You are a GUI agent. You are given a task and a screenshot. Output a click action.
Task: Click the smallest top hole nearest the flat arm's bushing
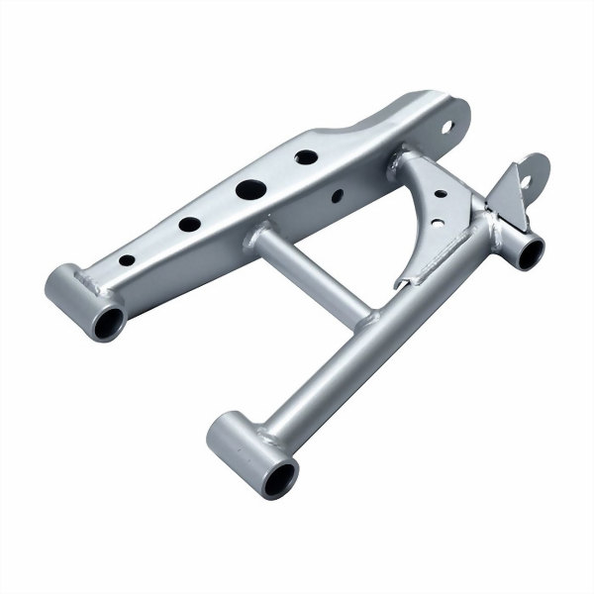(127, 260)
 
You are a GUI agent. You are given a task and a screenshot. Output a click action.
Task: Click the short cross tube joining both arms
(311, 274)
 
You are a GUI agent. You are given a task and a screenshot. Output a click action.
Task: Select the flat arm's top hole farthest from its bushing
(306, 156)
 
